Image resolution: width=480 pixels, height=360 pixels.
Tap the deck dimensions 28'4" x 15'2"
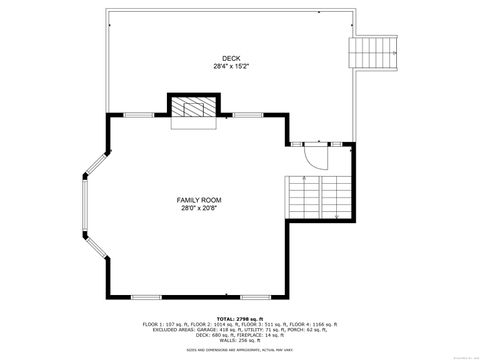pyautogui.click(x=232, y=67)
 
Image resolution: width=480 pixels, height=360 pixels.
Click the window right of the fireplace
pyautogui.click(x=248, y=115)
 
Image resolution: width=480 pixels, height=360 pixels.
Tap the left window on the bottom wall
pyautogui.click(x=146, y=297)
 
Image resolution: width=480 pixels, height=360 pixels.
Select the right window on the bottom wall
pyautogui.click(x=231, y=297)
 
